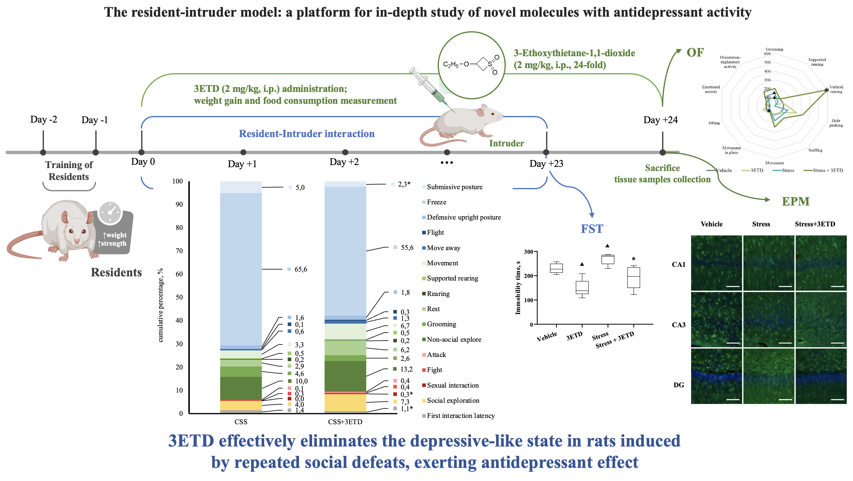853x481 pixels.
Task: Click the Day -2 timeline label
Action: [x=43, y=119]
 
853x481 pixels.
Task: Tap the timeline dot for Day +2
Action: [x=345, y=152]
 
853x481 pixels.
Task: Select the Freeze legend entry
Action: [x=436, y=202]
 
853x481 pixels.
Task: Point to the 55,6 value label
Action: [x=407, y=247]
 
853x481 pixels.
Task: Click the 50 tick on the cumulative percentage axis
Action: [x=179, y=297]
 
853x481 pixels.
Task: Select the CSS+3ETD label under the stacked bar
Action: [x=345, y=422]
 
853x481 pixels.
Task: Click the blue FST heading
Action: [x=592, y=229]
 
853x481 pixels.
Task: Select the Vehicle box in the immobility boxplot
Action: [x=556, y=268]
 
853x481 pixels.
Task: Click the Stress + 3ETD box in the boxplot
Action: [x=633, y=278]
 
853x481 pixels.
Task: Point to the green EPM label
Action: [x=795, y=201]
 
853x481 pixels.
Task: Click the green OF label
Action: [x=695, y=52]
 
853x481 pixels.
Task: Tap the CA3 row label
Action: [x=678, y=325]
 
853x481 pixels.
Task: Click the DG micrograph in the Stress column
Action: [x=768, y=376]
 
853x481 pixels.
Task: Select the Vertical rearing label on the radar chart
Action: [x=836, y=89]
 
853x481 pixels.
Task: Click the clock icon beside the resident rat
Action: [x=110, y=212]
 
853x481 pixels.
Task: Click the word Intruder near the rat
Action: [x=506, y=143]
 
